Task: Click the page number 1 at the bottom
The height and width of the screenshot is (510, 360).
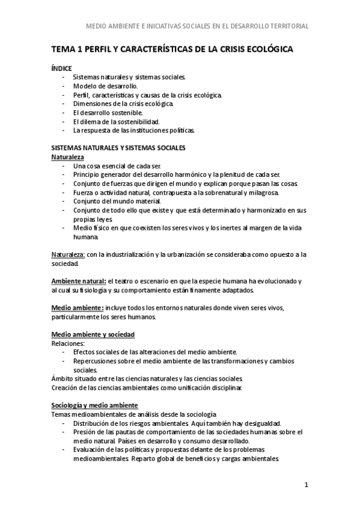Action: click(x=306, y=485)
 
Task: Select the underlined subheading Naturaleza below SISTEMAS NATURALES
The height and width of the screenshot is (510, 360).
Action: click(x=69, y=156)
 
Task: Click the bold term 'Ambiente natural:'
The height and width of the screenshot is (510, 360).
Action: click(x=78, y=281)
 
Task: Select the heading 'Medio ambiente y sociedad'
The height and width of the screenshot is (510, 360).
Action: click(x=93, y=334)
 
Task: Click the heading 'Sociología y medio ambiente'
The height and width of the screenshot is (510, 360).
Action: click(x=94, y=405)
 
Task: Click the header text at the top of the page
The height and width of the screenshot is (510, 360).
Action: click(x=198, y=26)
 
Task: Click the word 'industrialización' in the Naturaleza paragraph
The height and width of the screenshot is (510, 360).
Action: click(x=126, y=255)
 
